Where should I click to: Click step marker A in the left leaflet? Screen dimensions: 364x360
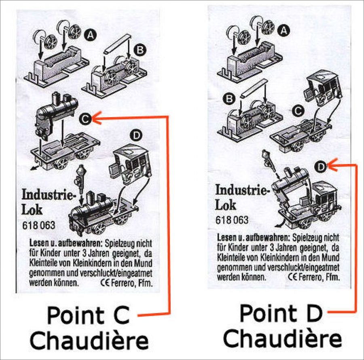coord(91,35)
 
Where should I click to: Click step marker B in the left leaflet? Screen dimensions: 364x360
coord(140,50)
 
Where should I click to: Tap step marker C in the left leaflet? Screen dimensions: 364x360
coord(85,119)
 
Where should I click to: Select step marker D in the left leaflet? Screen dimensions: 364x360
coord(136,135)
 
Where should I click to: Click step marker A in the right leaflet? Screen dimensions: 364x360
coord(284,30)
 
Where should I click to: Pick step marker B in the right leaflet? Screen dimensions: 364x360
coord(229,99)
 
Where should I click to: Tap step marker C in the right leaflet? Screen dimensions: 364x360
coord(298,111)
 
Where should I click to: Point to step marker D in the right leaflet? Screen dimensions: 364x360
coord(321,167)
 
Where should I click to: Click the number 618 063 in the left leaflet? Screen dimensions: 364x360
coord(39,225)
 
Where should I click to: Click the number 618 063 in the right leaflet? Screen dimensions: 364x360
coord(232,220)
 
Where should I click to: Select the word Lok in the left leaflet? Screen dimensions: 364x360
coord(32,210)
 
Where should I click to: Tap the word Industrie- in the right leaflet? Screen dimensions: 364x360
coord(243,190)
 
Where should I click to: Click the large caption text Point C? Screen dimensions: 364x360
coord(88,315)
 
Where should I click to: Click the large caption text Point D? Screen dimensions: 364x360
coord(281,314)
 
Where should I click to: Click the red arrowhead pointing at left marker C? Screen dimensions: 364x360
coord(97,118)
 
